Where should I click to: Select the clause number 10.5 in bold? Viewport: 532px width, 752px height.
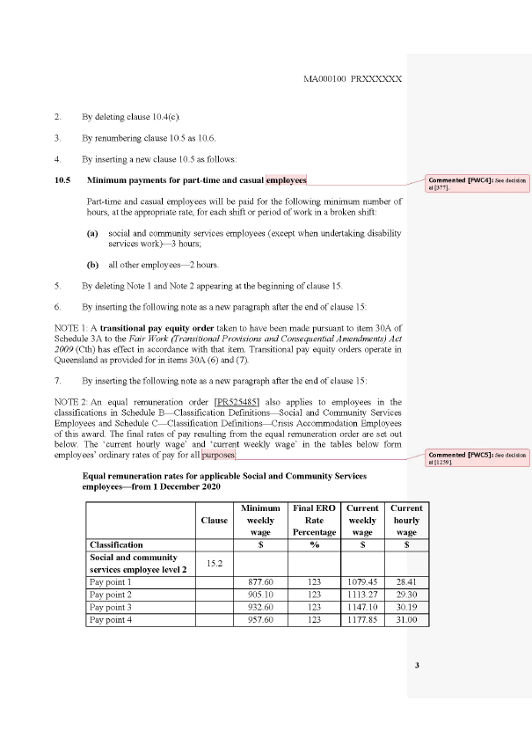pyautogui.click(x=62, y=180)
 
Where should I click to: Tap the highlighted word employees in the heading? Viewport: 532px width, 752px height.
pyautogui.click(x=286, y=180)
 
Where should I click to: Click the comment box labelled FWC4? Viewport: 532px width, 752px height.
pyautogui.click(x=477, y=184)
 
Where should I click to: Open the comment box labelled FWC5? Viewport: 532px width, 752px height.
pyautogui.click(x=477, y=457)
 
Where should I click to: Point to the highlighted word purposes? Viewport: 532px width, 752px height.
pyautogui.click(x=219, y=456)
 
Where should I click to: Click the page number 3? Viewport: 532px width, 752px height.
pyautogui.click(x=417, y=664)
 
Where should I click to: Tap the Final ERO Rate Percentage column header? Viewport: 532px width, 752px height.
pyautogui.click(x=314, y=520)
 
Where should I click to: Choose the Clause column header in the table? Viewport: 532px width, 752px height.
pyautogui.click(x=215, y=520)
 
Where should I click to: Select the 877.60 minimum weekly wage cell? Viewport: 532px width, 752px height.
pyautogui.click(x=265, y=582)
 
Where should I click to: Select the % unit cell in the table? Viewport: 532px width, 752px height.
pyautogui.click(x=314, y=544)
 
